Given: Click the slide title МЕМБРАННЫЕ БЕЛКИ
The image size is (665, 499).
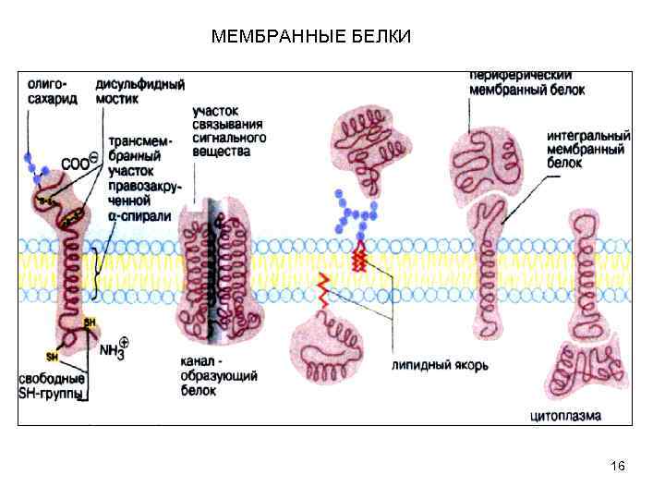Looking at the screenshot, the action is [x=311, y=37].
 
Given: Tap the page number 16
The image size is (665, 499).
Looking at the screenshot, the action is [x=618, y=466].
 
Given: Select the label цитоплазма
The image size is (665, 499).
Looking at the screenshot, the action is [x=565, y=416].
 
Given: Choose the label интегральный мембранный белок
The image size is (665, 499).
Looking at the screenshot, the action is [x=587, y=147].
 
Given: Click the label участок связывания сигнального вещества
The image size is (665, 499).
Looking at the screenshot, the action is [x=229, y=129].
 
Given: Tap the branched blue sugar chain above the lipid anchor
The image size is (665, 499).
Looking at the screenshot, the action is [x=355, y=214].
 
